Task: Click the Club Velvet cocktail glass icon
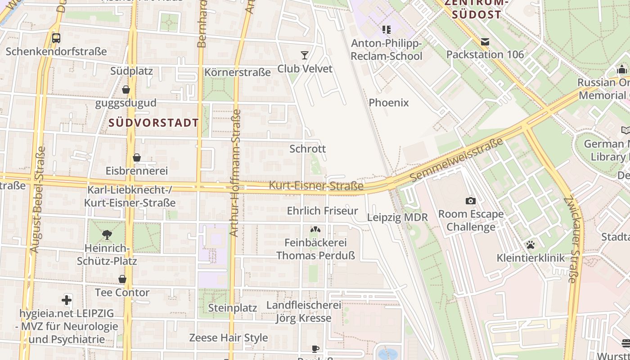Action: (305, 55)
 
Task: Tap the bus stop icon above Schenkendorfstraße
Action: (56, 38)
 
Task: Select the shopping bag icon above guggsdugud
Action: (126, 90)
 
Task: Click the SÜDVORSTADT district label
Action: (153, 122)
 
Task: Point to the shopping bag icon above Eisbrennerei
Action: (137, 157)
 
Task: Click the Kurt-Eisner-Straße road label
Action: (316, 185)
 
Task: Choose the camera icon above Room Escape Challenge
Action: (471, 201)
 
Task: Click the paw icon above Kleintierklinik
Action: (531, 245)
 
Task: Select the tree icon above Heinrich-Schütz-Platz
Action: (107, 234)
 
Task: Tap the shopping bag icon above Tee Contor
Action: (122, 279)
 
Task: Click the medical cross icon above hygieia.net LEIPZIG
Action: (67, 300)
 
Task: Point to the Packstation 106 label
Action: (485, 54)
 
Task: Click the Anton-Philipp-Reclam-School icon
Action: (386, 30)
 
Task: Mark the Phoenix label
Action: (389, 103)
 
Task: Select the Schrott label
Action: (308, 148)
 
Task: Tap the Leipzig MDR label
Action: (397, 217)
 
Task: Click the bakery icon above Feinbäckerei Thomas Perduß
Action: (315, 229)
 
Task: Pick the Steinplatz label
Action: (233, 308)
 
